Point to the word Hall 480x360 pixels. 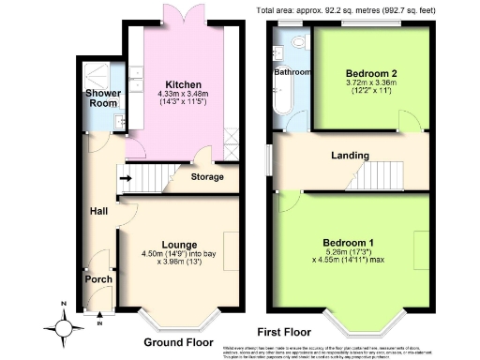[x=98, y=211]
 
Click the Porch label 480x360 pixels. [x=98, y=278]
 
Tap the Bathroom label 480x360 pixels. [x=292, y=72]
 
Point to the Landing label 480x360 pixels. [x=349, y=156]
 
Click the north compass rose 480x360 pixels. [x=63, y=327]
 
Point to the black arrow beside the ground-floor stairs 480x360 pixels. [x=125, y=175]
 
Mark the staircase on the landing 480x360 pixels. [x=379, y=174]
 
